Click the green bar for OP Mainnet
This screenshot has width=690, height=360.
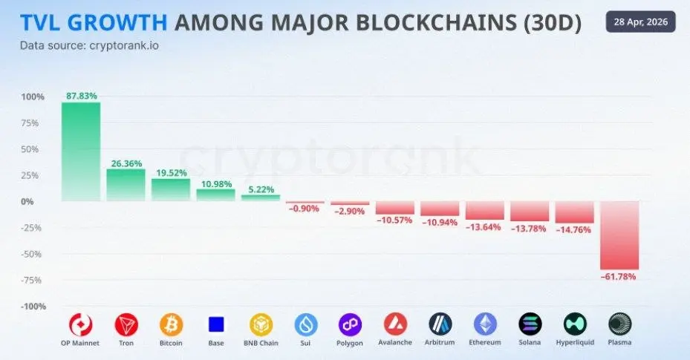[x=81, y=151]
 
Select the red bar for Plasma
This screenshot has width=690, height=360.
[x=619, y=235]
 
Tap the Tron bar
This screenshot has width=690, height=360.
[x=126, y=185]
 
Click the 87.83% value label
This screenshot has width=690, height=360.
[x=81, y=96]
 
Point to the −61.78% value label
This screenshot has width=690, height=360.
[x=619, y=277]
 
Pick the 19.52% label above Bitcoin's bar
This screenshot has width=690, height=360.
[x=171, y=172]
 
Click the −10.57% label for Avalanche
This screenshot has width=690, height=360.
[x=395, y=220]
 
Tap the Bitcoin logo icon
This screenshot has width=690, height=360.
[x=171, y=324]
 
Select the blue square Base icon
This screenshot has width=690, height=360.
[x=216, y=324]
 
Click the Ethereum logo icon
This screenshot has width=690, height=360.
[x=485, y=324]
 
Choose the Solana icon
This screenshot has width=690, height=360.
[x=530, y=324]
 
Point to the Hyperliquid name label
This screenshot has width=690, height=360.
[x=574, y=343]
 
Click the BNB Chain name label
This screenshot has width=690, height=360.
[x=261, y=343]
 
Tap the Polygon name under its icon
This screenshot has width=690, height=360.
[x=350, y=343]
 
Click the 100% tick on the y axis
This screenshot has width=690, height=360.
[x=33, y=96]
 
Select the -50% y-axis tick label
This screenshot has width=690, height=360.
[x=33, y=254]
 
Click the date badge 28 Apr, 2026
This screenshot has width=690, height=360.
[x=641, y=22]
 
